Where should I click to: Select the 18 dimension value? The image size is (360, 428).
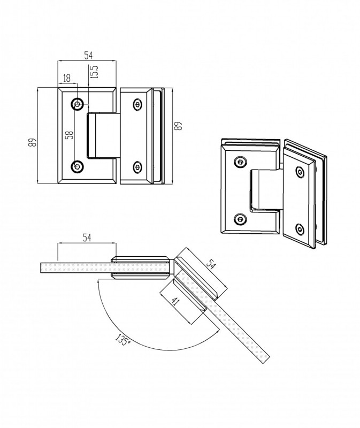[67, 78]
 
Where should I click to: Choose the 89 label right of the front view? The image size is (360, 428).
[179, 127]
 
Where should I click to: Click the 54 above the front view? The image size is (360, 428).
[87, 56]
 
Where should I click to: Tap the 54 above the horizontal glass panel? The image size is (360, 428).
[86, 238]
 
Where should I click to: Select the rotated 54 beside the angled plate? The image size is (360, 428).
[213, 264]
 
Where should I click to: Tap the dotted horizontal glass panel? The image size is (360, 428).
[75, 267]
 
